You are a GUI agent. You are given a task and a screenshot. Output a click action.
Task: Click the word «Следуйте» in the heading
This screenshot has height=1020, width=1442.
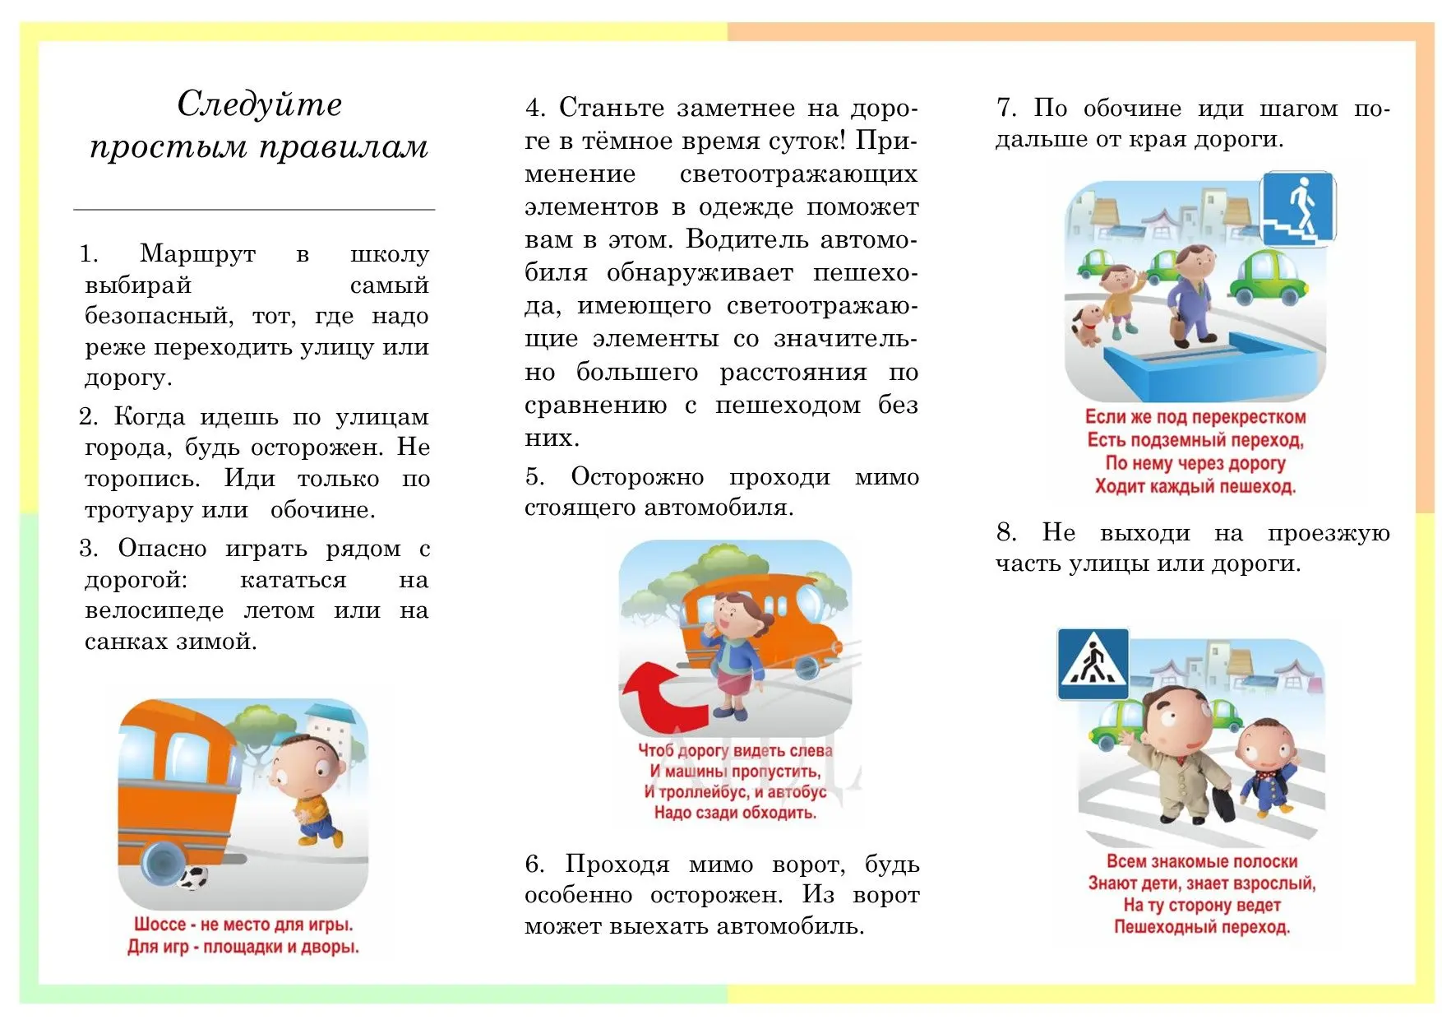(x=259, y=104)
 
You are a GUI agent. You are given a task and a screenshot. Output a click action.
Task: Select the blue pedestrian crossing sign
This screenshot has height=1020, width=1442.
(x=1093, y=664)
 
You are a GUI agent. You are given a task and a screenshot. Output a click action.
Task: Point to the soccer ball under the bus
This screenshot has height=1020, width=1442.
(x=193, y=879)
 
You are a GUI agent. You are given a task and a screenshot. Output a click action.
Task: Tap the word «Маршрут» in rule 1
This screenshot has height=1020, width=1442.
(x=197, y=253)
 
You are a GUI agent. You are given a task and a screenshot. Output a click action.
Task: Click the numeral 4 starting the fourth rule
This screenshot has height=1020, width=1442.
(x=534, y=108)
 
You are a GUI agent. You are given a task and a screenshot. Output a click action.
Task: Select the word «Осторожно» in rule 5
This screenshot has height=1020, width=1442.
(x=637, y=477)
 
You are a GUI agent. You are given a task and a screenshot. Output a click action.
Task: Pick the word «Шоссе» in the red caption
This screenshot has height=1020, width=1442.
(x=160, y=925)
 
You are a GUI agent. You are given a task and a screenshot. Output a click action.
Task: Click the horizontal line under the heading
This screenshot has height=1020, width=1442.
(x=254, y=210)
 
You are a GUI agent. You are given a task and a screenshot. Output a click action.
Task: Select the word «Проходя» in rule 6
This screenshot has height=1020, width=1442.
(x=617, y=865)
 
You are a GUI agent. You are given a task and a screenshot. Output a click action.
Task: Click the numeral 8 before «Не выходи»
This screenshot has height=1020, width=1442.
(x=1005, y=533)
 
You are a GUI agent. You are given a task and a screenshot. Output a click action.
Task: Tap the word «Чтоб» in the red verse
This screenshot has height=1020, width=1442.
(x=655, y=750)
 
